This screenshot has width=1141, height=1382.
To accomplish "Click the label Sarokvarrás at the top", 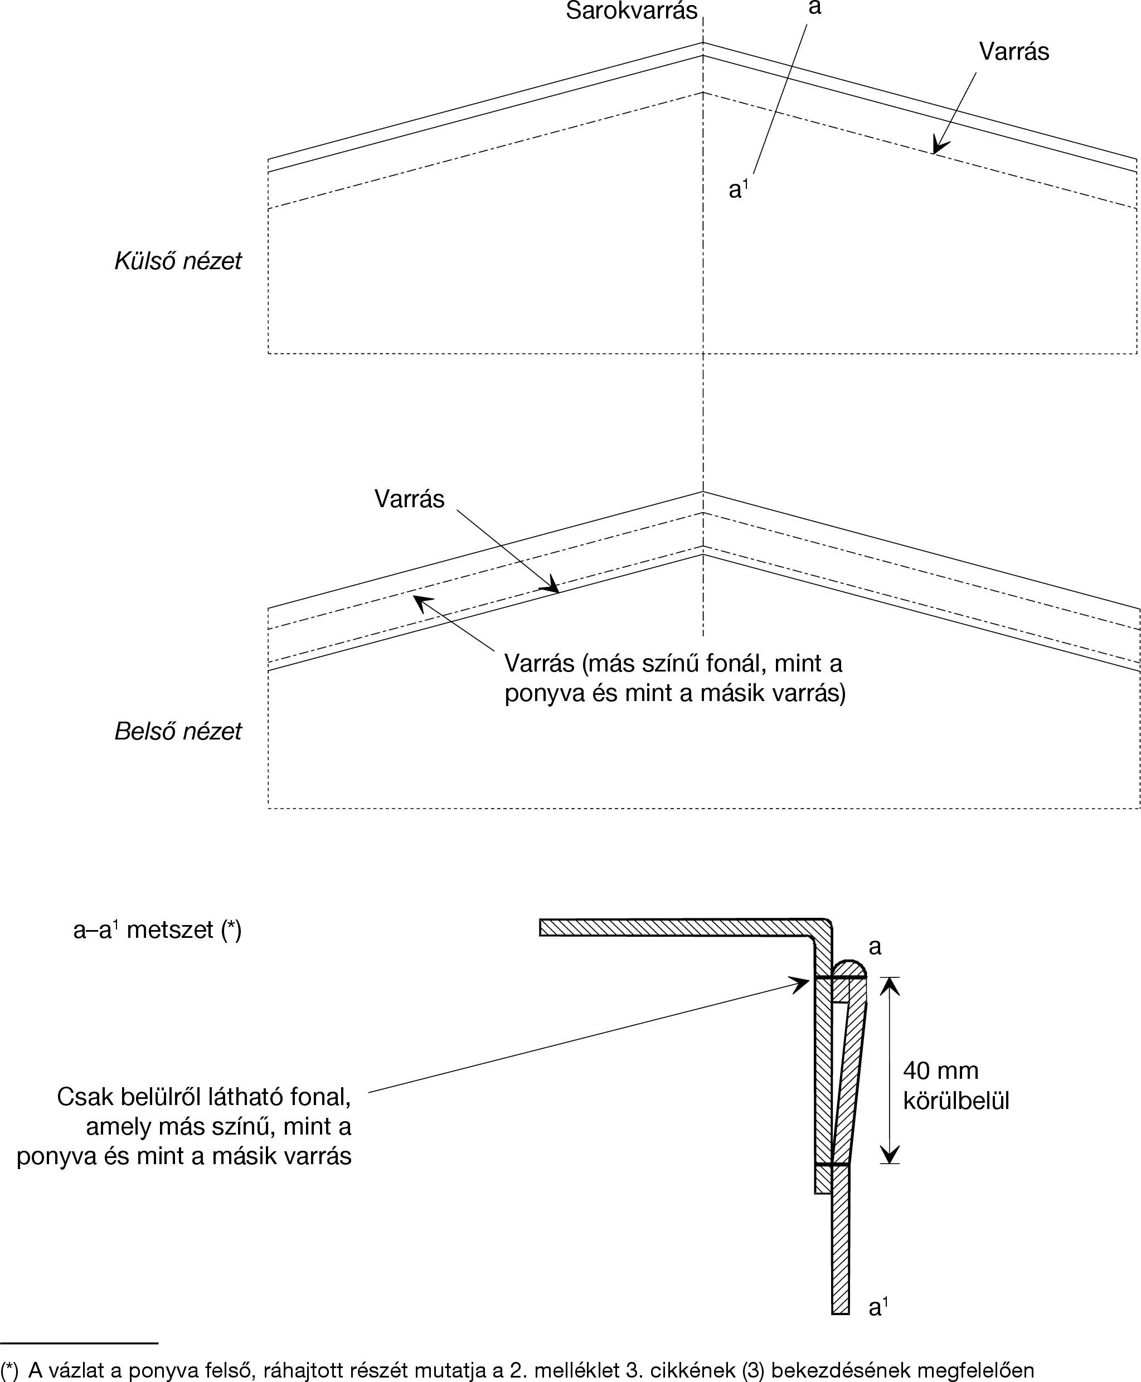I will click(x=631, y=11).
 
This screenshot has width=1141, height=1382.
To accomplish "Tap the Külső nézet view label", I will click(x=177, y=261).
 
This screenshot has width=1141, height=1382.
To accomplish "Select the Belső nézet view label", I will click(x=177, y=731).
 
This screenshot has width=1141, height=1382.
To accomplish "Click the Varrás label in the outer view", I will click(x=1013, y=51).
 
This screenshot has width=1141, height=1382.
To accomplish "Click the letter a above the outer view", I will click(x=815, y=8).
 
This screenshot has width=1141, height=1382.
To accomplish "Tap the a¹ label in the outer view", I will click(x=738, y=189).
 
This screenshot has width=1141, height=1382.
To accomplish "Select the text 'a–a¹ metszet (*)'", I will click(x=157, y=930).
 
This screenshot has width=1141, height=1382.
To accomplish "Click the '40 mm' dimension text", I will click(x=940, y=1070).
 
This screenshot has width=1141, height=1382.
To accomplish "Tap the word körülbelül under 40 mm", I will click(x=955, y=1100).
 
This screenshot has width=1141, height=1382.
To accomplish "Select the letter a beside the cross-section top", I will click(x=875, y=947).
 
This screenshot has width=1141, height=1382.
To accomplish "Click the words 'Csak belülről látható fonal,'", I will click(x=204, y=1097).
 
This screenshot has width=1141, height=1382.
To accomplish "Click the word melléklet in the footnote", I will click(x=571, y=1370).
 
